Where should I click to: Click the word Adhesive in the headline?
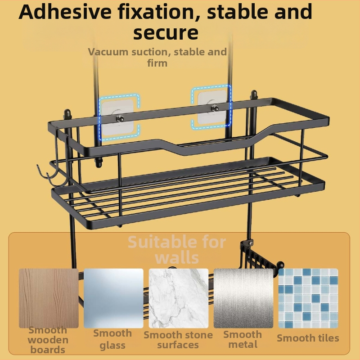tap(65, 12)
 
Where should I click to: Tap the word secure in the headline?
tap(166, 32)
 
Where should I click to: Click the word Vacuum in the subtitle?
tap(108, 52)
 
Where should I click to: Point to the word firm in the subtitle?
tap(157, 63)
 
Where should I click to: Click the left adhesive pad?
tap(117, 117)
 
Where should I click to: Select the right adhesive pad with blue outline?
tap(212, 107)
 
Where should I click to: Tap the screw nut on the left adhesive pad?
tap(120, 118)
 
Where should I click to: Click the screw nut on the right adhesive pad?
tap(215, 108)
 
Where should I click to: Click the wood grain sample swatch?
tap(49, 298)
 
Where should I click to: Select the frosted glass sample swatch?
tap(113, 298)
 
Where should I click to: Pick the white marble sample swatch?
tap(179, 298)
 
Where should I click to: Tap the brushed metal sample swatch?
tap(243, 298)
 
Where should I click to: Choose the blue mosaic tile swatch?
tap(308, 298)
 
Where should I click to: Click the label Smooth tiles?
tap(308, 338)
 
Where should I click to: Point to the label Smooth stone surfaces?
tap(178, 340)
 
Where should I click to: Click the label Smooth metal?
tap(243, 339)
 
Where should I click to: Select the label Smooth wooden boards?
tap(48, 340)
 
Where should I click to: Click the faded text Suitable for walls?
tap(177, 250)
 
